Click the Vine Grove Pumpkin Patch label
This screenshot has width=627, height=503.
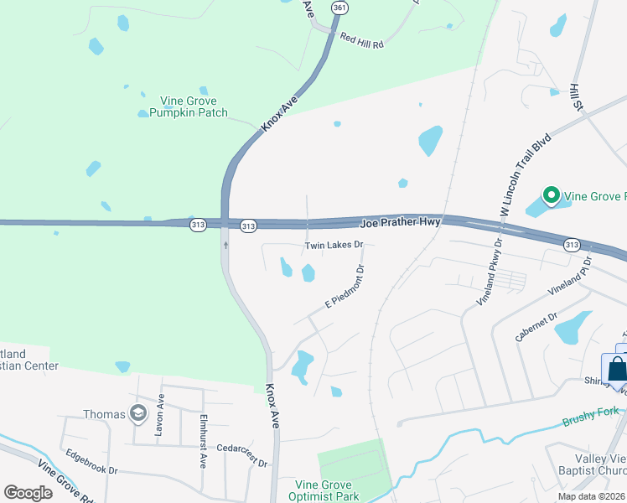[183, 106]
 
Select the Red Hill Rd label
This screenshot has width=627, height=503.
[360, 39]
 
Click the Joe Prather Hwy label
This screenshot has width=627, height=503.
[400, 223]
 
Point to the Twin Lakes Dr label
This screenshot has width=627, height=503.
[333, 246]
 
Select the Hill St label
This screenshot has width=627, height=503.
[576, 96]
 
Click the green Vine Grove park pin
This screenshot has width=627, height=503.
[551, 196]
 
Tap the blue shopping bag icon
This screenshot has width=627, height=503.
[616, 369]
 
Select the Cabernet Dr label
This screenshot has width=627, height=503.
[536, 327]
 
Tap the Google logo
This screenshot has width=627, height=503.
[28, 493]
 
